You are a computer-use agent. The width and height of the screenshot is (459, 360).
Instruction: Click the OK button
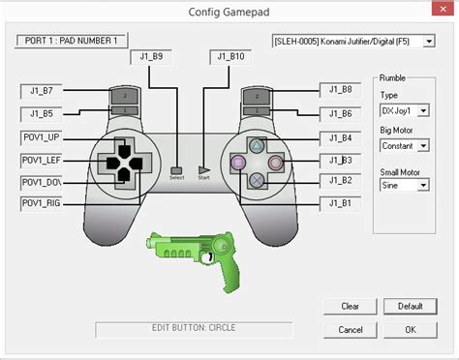click(x=410, y=329)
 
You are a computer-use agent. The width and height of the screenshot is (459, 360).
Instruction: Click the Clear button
click(x=351, y=307)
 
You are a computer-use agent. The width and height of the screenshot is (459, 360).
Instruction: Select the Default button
click(x=410, y=307)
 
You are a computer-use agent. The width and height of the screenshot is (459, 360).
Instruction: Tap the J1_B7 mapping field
click(x=43, y=92)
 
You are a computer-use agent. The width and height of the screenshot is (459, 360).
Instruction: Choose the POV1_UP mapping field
click(x=43, y=137)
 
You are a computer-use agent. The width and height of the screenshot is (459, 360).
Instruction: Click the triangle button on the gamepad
click(x=256, y=144)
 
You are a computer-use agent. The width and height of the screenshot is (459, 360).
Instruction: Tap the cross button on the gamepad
click(x=256, y=180)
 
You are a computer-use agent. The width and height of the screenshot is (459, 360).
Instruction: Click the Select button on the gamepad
click(x=176, y=169)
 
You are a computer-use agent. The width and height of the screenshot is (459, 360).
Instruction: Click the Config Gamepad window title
click(x=229, y=11)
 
